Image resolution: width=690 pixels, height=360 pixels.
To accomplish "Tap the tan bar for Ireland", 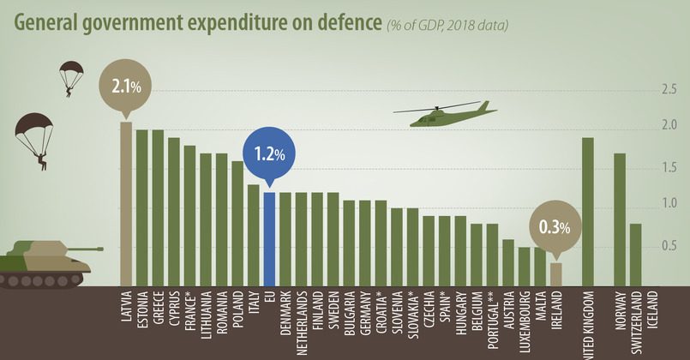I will point(556,273).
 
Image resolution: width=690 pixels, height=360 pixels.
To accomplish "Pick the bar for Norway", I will point(620,219).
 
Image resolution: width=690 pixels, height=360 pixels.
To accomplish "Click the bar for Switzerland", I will point(636,254).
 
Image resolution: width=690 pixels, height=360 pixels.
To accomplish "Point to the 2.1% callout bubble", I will point(125,86).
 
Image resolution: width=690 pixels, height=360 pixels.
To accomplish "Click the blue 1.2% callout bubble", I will point(268,154).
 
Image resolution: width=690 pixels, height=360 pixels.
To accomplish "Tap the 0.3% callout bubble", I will point(555,227).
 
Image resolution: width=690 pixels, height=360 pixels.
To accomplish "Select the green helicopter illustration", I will point(445,114).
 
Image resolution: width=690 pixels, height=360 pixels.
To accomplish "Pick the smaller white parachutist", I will point(69,78).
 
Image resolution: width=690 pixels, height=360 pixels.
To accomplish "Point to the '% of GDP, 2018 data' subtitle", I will point(446,25).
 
